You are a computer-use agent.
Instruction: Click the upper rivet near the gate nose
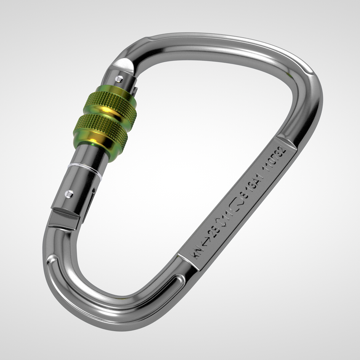119,78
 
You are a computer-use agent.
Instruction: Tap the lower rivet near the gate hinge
69,193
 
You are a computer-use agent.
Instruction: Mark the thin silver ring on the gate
84,168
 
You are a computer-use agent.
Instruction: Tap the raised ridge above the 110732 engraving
287,140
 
